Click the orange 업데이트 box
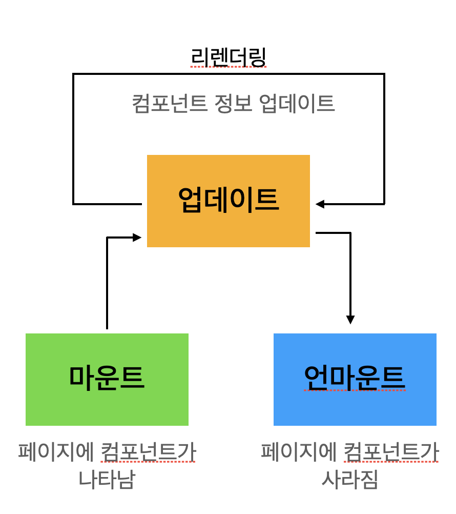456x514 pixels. [228, 231]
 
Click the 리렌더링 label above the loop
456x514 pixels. [228, 57]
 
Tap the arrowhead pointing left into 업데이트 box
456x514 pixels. [320, 204]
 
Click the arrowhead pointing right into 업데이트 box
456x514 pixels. [137, 238]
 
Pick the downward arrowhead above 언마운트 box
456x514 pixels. [350, 319]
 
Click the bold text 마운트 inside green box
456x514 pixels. [107, 378]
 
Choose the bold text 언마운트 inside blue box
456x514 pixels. [355, 378]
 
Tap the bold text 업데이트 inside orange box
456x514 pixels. [228, 199]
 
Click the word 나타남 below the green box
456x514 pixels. [107, 479]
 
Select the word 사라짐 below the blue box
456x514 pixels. [349, 479]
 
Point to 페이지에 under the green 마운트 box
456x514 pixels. [56, 452]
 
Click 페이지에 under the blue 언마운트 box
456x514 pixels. [299, 452]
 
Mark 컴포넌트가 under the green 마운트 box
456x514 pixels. [149, 452]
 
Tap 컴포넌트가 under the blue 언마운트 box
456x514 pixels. [391, 452]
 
